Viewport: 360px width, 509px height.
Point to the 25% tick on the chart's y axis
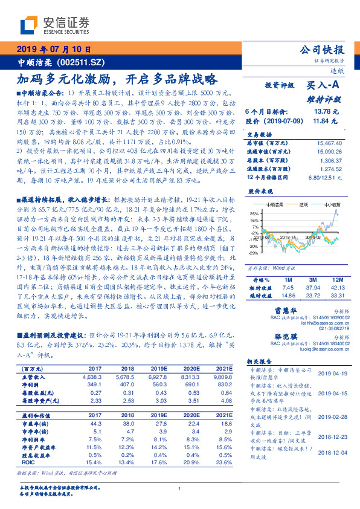(x=255, y=214)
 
